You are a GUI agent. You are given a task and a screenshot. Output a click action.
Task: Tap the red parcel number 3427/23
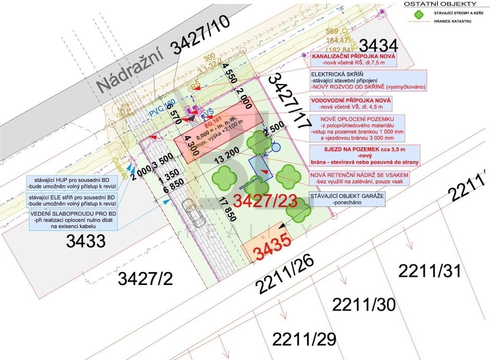coord(265,200)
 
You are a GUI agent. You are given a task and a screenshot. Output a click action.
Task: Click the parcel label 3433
coord(85,241)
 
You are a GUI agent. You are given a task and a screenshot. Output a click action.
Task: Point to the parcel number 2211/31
coord(430,271)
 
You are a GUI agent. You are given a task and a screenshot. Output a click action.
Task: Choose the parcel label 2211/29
coord(304,339)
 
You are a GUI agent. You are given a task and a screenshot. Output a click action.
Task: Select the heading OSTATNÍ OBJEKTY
coord(440,4)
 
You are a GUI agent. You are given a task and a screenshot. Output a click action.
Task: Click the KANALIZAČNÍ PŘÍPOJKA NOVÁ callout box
coord(354,60)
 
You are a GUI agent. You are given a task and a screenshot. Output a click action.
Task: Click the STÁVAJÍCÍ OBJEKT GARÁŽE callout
coord(347,199)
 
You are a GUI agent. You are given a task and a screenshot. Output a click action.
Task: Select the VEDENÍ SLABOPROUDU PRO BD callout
coord(74,220)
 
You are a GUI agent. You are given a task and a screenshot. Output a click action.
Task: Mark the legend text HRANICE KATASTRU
coord(452,21)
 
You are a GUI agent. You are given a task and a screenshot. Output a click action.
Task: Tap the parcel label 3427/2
coord(145,279)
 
